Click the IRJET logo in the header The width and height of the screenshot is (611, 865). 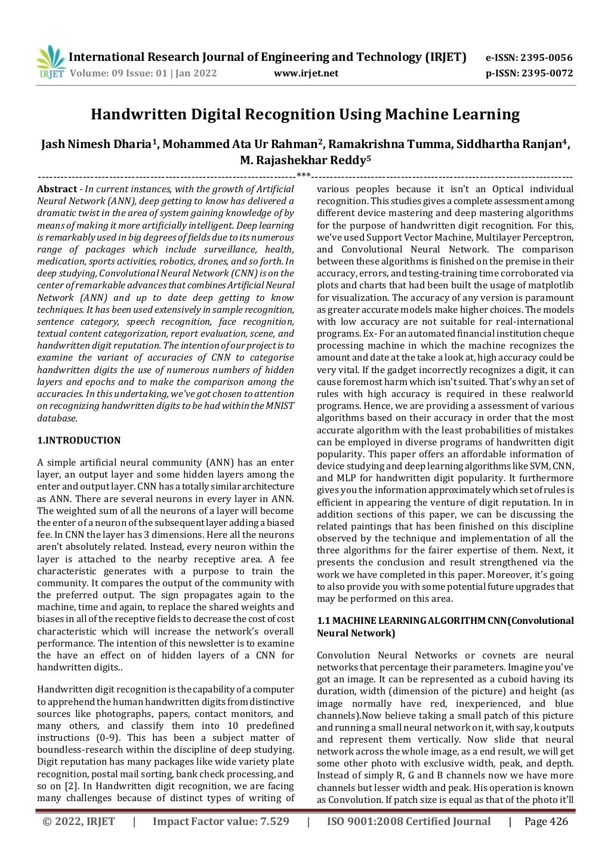[50, 62]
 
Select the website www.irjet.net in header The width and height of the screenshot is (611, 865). [305, 73]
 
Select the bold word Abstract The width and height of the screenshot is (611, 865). [57, 189]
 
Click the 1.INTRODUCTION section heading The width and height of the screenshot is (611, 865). [79, 441]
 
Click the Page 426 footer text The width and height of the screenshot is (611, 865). [546, 821]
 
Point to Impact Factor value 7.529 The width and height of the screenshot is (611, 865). [221, 821]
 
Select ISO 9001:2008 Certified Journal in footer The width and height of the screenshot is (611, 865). [408, 821]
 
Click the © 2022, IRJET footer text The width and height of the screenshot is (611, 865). [79, 821]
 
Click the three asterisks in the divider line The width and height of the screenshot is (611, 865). [303, 176]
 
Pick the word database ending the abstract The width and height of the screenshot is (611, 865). [57, 418]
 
